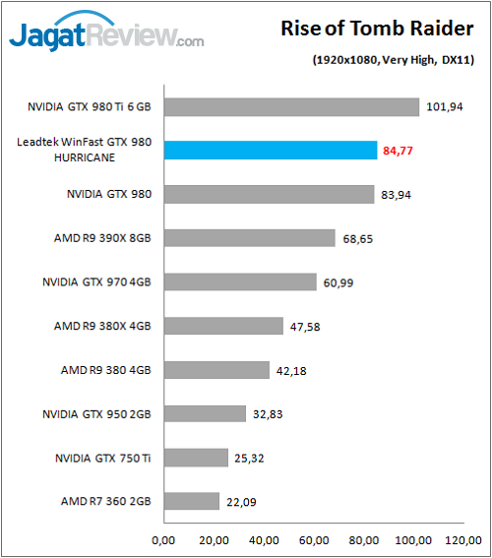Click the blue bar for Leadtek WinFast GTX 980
tap(271, 151)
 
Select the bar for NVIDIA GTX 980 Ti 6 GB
tap(292, 107)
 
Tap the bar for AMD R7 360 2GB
tap(192, 501)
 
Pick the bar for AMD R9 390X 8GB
tap(250, 238)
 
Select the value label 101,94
tap(444, 107)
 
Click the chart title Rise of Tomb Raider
tap(379, 30)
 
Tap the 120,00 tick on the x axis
tap(465, 539)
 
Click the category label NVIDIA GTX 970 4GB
tap(97, 281)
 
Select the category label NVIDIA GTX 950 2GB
tap(97, 413)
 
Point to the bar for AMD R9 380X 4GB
tap(223, 326)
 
